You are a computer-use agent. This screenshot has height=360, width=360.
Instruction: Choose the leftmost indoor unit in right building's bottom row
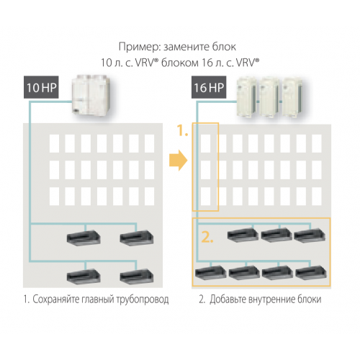point(210,272)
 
